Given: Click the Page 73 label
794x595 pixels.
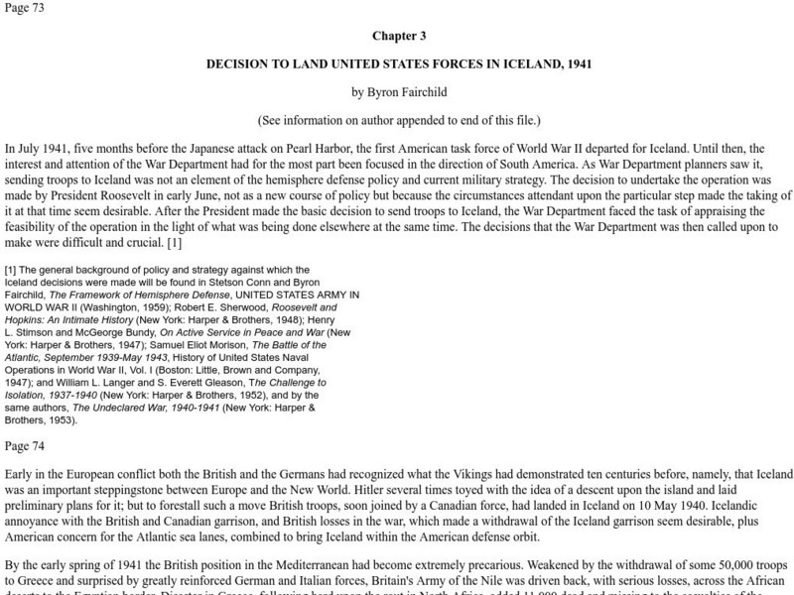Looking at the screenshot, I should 24,9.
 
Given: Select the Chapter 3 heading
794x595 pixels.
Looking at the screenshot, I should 399,37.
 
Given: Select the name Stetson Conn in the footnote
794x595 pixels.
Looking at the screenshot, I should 260,282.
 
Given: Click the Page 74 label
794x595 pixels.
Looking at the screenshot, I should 24,447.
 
